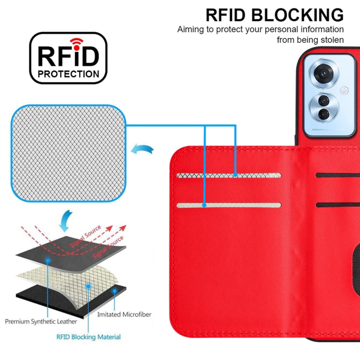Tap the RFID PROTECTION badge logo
[68, 58]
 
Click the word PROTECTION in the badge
[68, 74]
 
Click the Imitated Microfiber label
[124, 314]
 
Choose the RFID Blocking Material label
[88, 337]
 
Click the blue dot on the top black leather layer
[48, 259]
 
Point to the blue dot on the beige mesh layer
[88, 286]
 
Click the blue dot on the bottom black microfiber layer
[114, 291]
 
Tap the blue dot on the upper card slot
[236, 175]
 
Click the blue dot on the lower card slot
[204, 205]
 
